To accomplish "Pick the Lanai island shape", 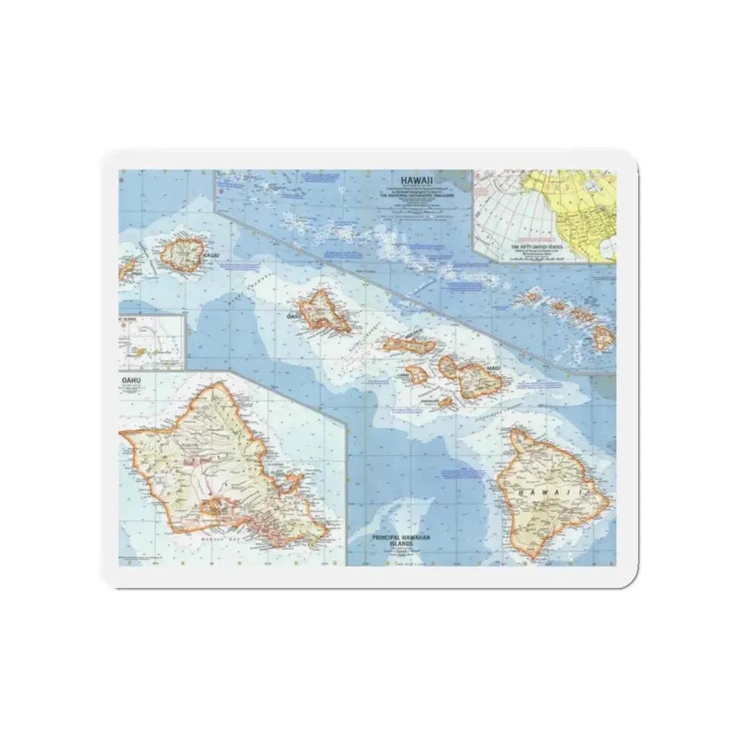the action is (419, 374).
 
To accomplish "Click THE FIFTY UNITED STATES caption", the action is (536, 247).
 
